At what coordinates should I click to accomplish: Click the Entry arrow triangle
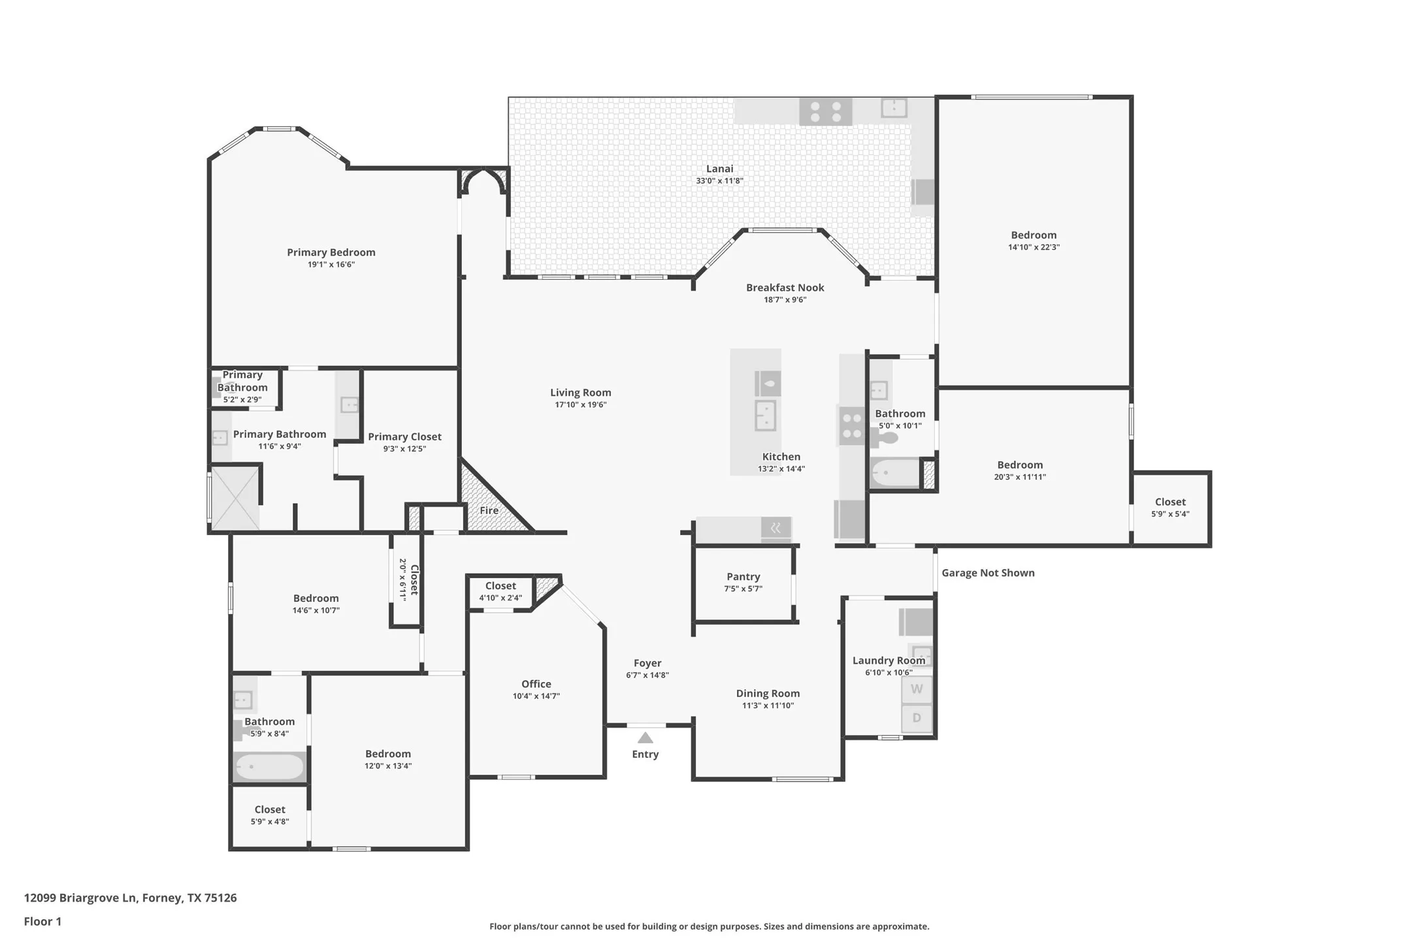click(x=645, y=738)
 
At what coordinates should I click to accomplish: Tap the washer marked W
click(x=917, y=689)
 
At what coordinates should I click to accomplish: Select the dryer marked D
click(x=917, y=718)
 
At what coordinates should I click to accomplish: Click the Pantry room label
click(x=743, y=576)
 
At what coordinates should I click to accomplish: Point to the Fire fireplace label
click(x=489, y=510)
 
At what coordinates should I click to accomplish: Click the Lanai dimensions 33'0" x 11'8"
click(x=719, y=181)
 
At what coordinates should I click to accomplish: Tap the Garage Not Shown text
click(x=987, y=573)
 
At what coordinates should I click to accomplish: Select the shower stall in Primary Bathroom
click(x=235, y=498)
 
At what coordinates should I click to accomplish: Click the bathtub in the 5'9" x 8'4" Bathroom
click(x=269, y=766)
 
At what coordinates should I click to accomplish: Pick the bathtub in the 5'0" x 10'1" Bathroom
click(x=894, y=472)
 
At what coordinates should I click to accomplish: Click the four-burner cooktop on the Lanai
click(x=825, y=111)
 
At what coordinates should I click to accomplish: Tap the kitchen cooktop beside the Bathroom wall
click(x=852, y=425)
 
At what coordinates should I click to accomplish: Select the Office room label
click(x=536, y=684)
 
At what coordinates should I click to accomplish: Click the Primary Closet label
click(x=404, y=436)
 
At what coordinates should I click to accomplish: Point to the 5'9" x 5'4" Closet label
click(x=1169, y=502)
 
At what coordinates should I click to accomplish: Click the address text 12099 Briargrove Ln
click(x=130, y=898)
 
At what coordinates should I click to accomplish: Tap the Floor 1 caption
click(x=42, y=921)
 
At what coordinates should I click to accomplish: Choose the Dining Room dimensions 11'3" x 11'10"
click(x=767, y=706)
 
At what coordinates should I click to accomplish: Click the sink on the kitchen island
click(x=765, y=416)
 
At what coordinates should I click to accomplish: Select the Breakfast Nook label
click(x=785, y=287)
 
